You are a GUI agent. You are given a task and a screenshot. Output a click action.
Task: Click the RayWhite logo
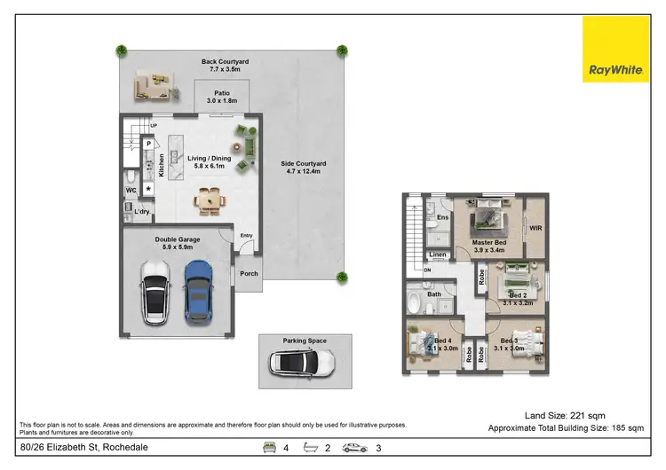tap(615, 49)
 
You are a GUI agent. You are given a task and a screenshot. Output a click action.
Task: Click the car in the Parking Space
tap(302, 362)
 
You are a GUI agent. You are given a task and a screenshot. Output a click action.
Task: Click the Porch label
tap(250, 273)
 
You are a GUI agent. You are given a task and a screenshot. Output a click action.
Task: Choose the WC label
tap(131, 189)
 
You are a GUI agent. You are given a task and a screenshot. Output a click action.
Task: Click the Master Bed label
tap(489, 245)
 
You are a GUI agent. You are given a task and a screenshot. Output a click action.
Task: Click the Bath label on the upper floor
tap(434, 294)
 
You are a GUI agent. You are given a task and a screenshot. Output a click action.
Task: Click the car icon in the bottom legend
tap(355, 448)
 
